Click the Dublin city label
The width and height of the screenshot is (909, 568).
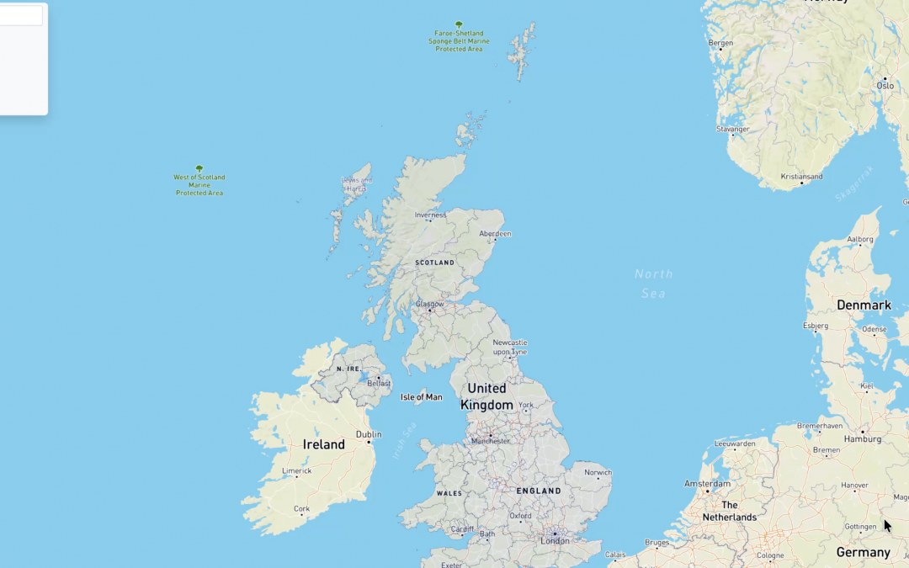click(369, 434)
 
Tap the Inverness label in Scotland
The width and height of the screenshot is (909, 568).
click(430, 215)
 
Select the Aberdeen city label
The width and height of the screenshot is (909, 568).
click(495, 233)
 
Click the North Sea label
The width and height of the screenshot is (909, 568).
click(654, 284)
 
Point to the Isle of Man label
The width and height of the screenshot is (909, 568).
click(422, 396)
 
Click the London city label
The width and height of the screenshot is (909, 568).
click(555, 541)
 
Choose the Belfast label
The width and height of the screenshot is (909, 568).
click(379, 383)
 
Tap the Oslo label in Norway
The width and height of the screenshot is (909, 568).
click(885, 85)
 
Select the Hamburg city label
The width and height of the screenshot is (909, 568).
click(864, 438)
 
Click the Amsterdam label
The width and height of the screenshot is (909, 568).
click(708, 484)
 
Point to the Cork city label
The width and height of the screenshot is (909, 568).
click(301, 508)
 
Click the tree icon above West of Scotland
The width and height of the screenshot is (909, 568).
click(199, 168)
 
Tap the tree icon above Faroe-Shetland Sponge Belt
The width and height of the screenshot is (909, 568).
click(459, 24)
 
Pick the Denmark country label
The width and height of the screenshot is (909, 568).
click(864, 305)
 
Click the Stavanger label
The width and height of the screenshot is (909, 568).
click(732, 129)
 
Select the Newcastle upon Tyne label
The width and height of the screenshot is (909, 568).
click(510, 347)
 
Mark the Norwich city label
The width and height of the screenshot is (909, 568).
click(598, 472)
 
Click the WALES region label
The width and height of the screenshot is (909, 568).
click(449, 493)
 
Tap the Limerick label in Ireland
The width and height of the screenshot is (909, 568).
click(296, 470)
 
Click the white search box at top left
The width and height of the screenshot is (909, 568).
click(20, 15)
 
